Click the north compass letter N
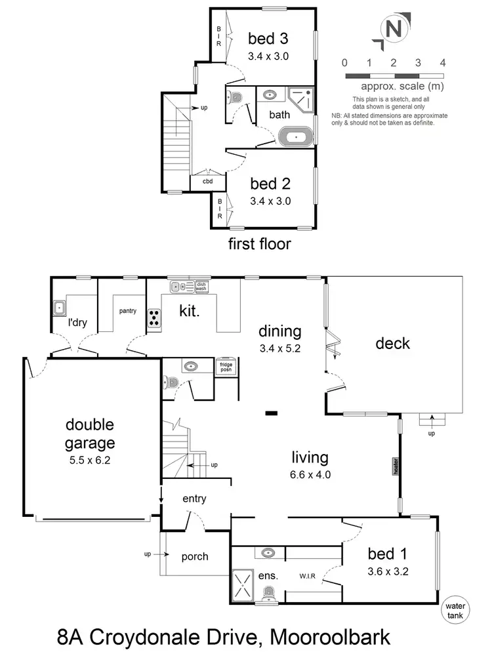point(393,30)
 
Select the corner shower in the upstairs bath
point(301,99)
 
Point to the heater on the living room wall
point(397,465)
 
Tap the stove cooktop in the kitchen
point(154,318)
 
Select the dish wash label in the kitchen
point(201,286)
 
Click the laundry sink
point(60,306)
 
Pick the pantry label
point(127,311)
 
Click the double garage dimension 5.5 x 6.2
point(91,460)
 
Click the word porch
point(195,557)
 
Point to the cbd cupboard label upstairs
point(207,182)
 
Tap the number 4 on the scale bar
point(443,63)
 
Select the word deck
point(394,343)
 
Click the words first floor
point(259,244)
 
